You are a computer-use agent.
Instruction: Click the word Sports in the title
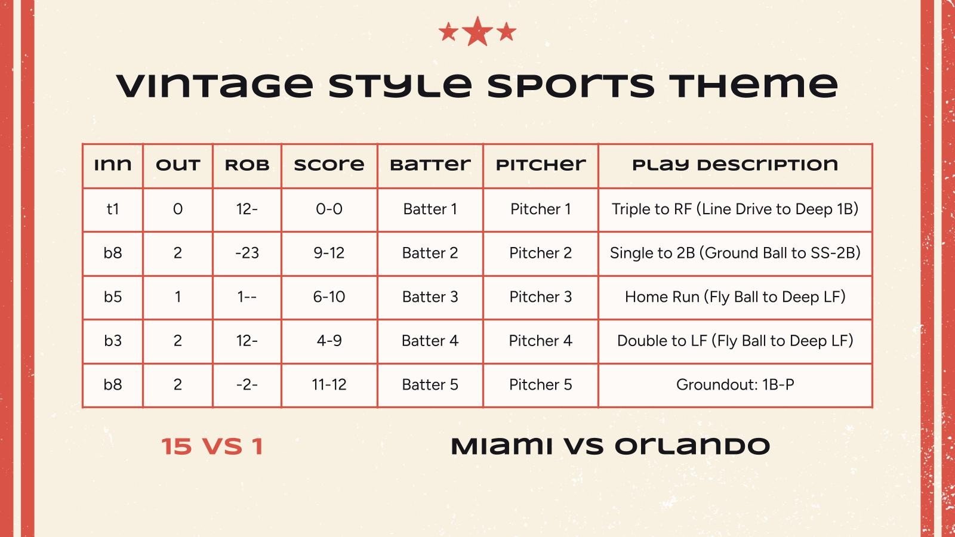pyautogui.click(x=571, y=85)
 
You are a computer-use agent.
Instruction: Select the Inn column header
pyautogui.click(x=113, y=165)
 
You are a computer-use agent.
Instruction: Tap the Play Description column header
pyautogui.click(x=735, y=165)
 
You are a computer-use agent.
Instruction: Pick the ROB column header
pyautogui.click(x=247, y=165)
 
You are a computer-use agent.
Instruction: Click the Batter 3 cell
pyautogui.click(x=430, y=297)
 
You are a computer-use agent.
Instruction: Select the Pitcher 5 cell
pyautogui.click(x=540, y=384)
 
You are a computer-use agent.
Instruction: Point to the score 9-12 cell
pyautogui.click(x=329, y=253)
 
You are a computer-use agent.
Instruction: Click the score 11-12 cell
pyautogui.click(x=329, y=384)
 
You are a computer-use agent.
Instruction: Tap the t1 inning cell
pyautogui.click(x=113, y=209)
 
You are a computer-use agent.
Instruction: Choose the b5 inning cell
pyautogui.click(x=113, y=297)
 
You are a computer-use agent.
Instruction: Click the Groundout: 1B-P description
pyautogui.click(x=735, y=384)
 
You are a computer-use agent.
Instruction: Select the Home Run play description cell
pyautogui.click(x=735, y=297)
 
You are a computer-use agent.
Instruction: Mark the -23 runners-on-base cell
pyautogui.click(x=247, y=253)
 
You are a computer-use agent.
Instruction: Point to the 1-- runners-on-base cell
pyautogui.click(x=247, y=297)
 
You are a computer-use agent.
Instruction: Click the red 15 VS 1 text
pyautogui.click(x=212, y=446)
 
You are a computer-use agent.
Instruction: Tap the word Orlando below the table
pyautogui.click(x=692, y=446)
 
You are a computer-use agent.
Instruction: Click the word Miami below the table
pyautogui.click(x=501, y=446)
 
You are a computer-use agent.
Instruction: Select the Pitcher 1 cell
pyautogui.click(x=540, y=209)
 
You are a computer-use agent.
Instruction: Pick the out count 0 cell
pyautogui.click(x=177, y=209)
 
